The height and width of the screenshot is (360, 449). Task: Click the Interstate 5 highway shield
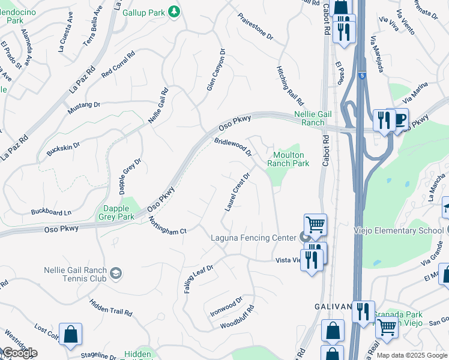click(x=362, y=76)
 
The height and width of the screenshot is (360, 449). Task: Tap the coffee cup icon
click(x=400, y=119)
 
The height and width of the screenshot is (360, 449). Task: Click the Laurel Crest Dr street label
click(x=237, y=192)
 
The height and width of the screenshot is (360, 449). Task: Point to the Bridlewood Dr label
click(x=233, y=147)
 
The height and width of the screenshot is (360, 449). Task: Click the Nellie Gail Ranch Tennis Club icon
click(x=116, y=274)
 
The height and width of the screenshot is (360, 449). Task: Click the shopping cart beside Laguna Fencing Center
click(x=315, y=224)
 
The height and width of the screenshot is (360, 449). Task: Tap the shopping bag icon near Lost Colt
click(x=70, y=334)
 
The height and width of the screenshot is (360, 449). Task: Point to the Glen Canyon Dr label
click(x=215, y=70)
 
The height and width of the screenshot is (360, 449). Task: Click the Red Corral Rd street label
click(x=118, y=65)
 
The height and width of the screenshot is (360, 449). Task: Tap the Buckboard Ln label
click(x=51, y=212)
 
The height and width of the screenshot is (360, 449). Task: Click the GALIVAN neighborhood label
click(x=333, y=307)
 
